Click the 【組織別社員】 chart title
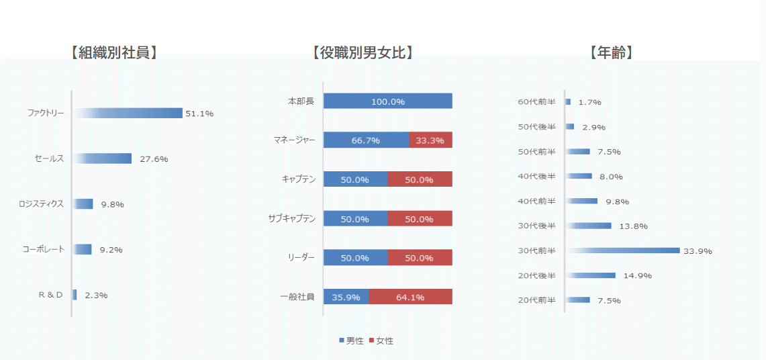coord(113,53)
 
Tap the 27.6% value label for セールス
coord(154,159)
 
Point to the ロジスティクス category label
coord(42,204)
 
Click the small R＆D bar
coord(75,295)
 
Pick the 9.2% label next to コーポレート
coord(111,250)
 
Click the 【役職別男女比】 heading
coord(363,53)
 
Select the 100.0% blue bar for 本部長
coord(388,101)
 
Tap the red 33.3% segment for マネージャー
coord(430,140)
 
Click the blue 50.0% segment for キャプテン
coord(355,180)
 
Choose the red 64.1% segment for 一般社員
coord(410,298)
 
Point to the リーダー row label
coord(301,258)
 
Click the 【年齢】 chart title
coord(611,53)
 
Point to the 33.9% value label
coord(698,251)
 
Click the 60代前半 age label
coord(537,102)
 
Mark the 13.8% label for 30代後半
coord(633,226)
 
